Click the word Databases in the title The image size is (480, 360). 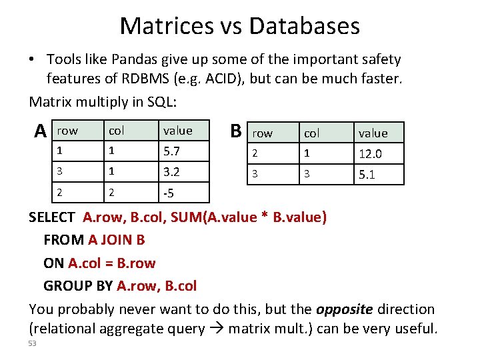[304, 26]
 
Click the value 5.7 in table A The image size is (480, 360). [172, 151]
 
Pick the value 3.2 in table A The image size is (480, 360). [172, 171]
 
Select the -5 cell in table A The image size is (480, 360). [169, 193]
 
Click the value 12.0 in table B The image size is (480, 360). [371, 154]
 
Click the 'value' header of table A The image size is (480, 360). [177, 131]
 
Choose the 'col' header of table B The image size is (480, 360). [311, 133]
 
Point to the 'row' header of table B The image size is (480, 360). [262, 133]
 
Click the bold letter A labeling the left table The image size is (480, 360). [41, 130]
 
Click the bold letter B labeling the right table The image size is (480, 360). [235, 129]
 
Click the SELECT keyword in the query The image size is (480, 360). [52, 217]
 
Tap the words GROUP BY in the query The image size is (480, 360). [78, 286]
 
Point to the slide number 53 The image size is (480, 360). [33, 343]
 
